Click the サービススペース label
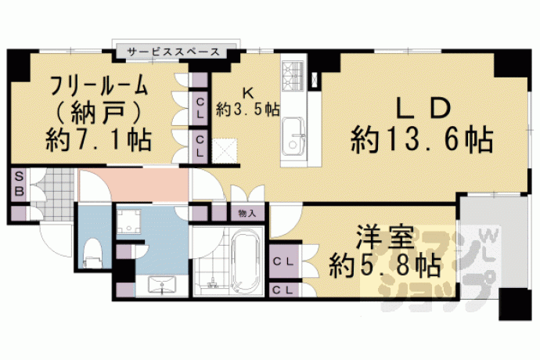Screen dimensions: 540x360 173,52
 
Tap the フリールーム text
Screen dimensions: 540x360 99,86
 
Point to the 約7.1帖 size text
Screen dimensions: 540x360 99,140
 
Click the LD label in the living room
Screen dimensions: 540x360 423,108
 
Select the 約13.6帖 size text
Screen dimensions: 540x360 422,140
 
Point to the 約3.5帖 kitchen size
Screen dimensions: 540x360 247,110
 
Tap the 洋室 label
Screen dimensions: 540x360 385,237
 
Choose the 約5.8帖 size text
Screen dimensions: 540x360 385,265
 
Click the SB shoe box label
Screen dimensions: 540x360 20,185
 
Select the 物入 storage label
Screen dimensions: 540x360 247,214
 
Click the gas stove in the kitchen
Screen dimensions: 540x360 293,76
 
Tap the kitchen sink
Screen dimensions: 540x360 293,137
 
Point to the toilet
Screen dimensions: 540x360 93,254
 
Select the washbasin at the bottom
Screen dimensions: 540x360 162,285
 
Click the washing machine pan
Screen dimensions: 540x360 128,221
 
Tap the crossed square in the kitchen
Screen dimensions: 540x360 225,150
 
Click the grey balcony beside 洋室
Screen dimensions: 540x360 493,242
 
